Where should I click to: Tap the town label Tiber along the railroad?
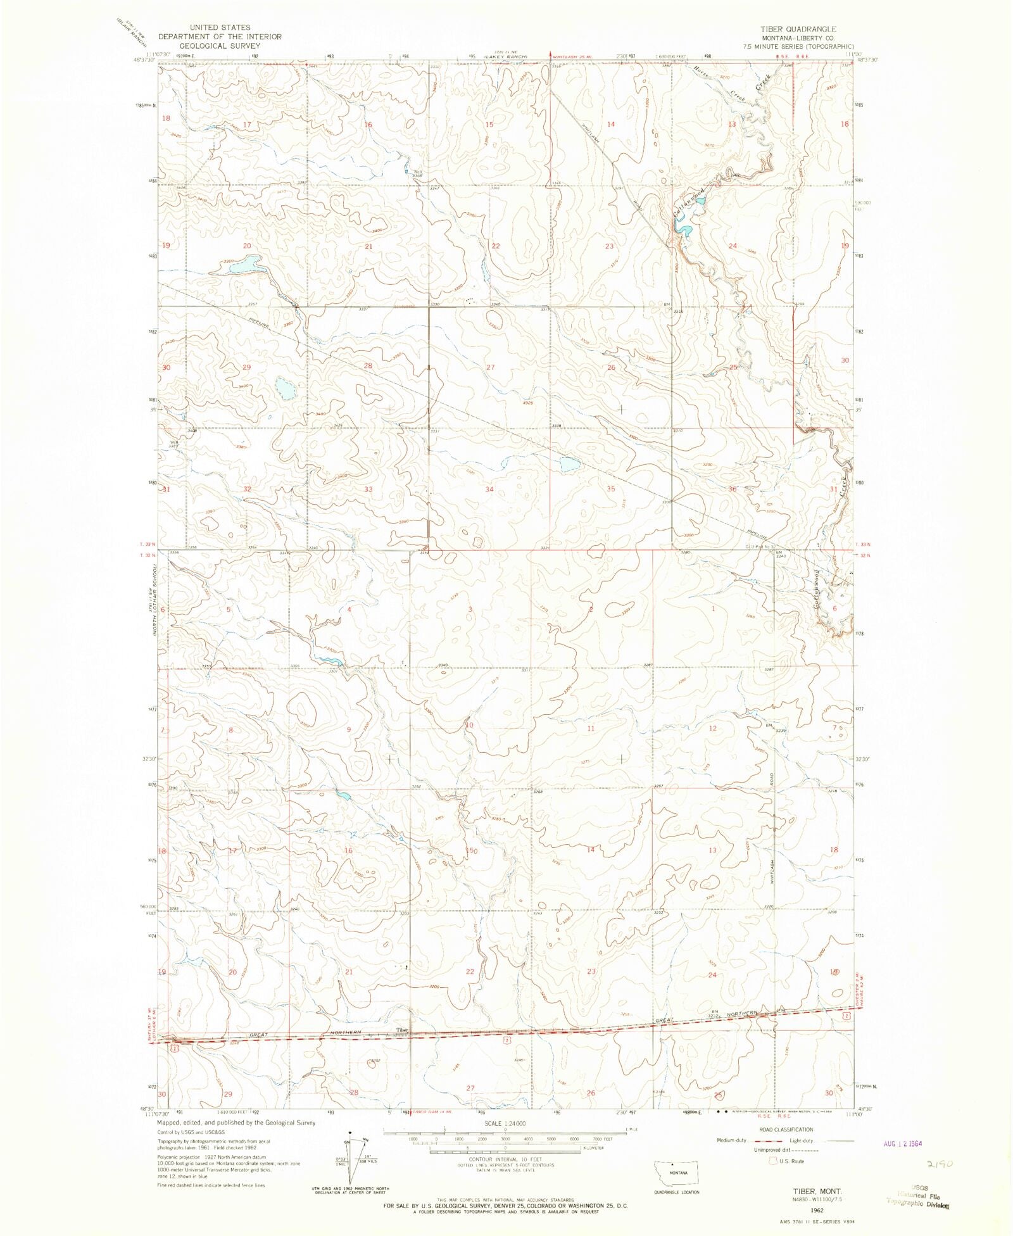tap(402, 1030)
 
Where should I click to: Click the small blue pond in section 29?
tap(284, 388)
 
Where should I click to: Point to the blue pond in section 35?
tap(569, 464)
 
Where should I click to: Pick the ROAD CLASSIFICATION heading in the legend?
tap(776, 1129)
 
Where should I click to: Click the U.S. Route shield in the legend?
tap(772, 1161)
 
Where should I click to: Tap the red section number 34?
tap(489, 489)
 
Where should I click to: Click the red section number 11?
tap(590, 728)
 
